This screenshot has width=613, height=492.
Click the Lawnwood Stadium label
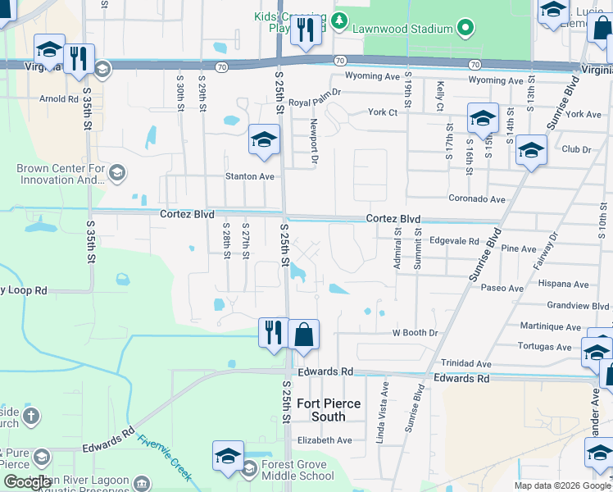coord(407,29)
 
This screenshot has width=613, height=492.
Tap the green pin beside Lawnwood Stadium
coord(465,29)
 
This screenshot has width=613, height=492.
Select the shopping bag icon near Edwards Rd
coord(302,335)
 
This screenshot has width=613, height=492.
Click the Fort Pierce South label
coord(332,410)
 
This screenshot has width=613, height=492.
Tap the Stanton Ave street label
coord(250,176)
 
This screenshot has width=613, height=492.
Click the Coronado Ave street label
coord(477,198)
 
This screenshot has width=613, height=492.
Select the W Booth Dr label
coord(415,333)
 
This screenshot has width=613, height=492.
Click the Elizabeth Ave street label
coord(325,440)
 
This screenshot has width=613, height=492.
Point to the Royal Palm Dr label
coord(314,102)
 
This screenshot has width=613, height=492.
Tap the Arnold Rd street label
coord(59,99)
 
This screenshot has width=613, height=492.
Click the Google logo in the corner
coord(28,482)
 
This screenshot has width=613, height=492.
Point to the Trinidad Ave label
coord(466,363)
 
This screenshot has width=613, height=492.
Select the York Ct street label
coord(383,112)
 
